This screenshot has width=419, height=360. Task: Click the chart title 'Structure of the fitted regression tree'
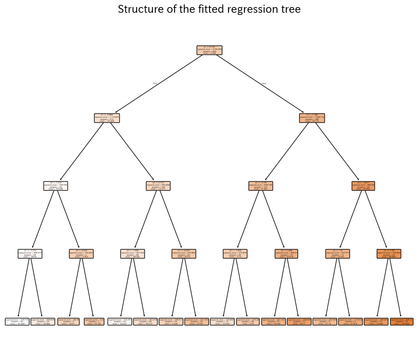coord(209,9)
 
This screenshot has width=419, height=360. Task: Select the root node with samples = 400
coord(209,50)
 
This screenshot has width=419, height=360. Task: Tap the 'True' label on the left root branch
coord(155,83)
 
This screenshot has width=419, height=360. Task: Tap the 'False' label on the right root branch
coord(264,83)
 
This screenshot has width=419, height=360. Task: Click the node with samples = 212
coord(107,118)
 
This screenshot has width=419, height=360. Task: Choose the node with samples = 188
coord(312,118)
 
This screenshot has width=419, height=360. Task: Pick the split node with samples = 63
coord(56,186)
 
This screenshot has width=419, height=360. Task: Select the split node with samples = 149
coord(158,186)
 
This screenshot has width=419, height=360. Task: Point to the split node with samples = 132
coord(261,186)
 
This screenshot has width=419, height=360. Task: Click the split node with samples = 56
coord(363,186)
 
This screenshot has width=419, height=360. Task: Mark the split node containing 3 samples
coord(81,254)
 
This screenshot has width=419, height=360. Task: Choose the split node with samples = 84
coord(132,254)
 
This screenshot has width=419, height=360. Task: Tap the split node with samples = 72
coord(286,254)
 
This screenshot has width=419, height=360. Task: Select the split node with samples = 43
coord(389,254)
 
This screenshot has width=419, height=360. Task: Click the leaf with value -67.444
coord(17,322)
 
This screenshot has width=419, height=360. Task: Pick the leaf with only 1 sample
coord(94,322)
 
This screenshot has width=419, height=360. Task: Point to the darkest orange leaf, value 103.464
coord(401,322)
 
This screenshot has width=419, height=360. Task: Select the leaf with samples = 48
coord(248,322)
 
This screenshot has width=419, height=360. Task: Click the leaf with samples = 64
coord(145,322)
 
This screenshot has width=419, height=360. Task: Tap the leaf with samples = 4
coord(350,322)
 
